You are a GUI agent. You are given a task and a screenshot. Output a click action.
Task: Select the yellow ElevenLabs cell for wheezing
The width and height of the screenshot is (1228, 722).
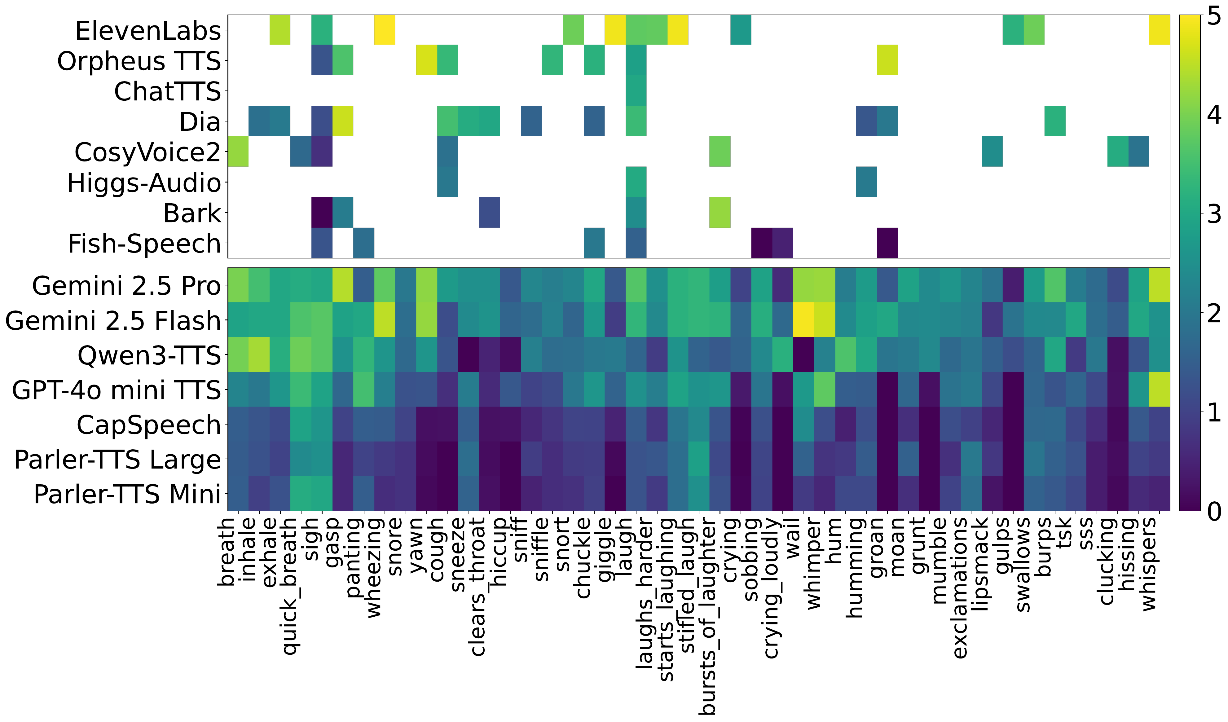(385, 30)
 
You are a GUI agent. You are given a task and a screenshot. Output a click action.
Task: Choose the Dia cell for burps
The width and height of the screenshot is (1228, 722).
(1055, 121)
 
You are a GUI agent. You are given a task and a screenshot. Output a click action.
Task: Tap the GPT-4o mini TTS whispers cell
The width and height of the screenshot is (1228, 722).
(1160, 390)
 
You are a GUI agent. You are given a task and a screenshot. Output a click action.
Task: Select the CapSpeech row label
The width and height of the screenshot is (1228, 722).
(149, 425)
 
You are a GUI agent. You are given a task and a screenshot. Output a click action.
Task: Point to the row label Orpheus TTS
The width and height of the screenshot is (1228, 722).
(139, 61)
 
